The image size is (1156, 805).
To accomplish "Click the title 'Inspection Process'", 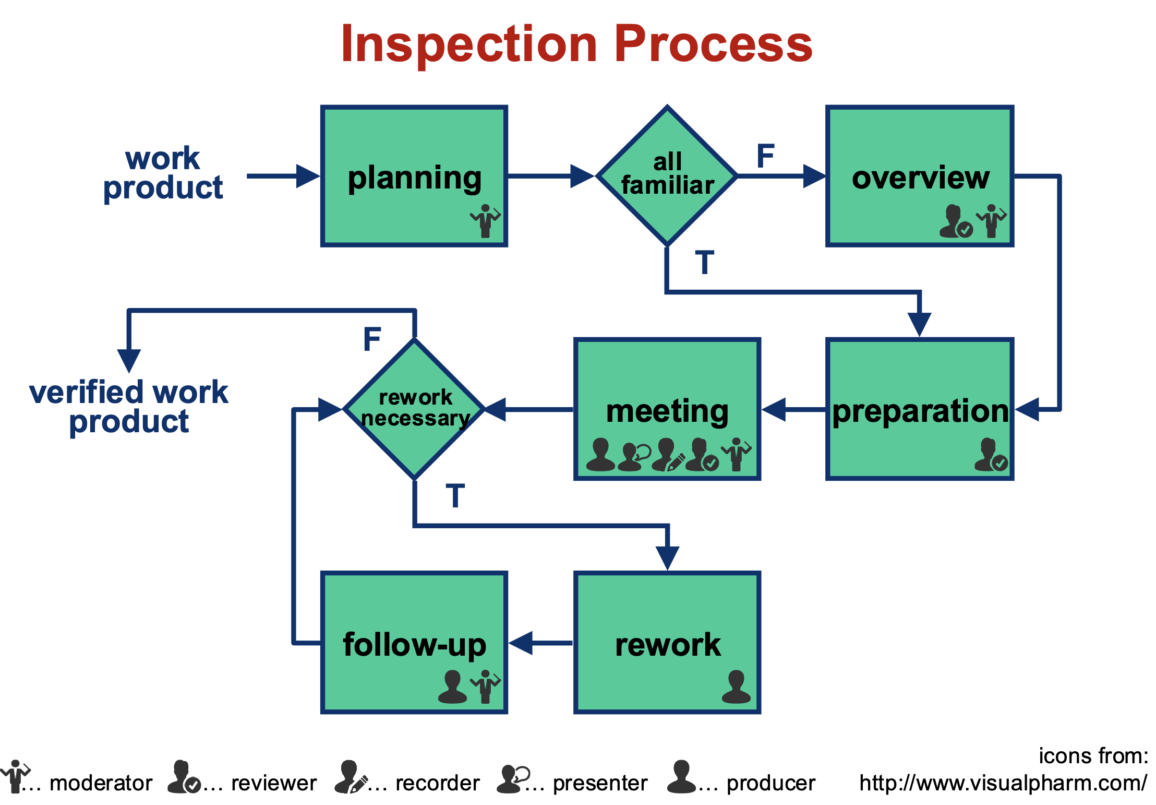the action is click(x=576, y=45).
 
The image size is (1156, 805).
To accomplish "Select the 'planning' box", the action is click(x=414, y=176).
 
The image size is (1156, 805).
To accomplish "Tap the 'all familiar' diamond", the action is click(x=667, y=175).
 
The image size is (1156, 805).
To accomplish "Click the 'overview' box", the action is click(x=920, y=176).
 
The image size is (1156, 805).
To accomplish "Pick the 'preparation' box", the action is click(x=920, y=409).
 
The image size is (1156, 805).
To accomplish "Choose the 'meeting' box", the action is click(x=667, y=409).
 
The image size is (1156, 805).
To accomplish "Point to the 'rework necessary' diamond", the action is click(x=415, y=409).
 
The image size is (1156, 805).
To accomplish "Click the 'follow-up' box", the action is click(x=414, y=642).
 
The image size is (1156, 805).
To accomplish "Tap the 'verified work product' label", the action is click(x=129, y=407).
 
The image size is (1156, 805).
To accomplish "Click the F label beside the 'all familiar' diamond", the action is click(x=765, y=156).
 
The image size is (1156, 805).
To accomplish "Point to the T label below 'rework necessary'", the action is click(x=455, y=495).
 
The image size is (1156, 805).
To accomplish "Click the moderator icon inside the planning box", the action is click(x=485, y=221).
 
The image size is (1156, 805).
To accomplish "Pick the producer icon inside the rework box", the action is click(x=736, y=686).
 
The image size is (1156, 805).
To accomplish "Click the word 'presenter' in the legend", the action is click(x=600, y=783).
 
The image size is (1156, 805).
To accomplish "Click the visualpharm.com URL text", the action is click(x=1003, y=783).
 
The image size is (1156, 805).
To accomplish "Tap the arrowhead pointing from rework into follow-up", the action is click(x=521, y=643).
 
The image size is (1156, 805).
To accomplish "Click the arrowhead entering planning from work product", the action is click(x=308, y=176).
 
